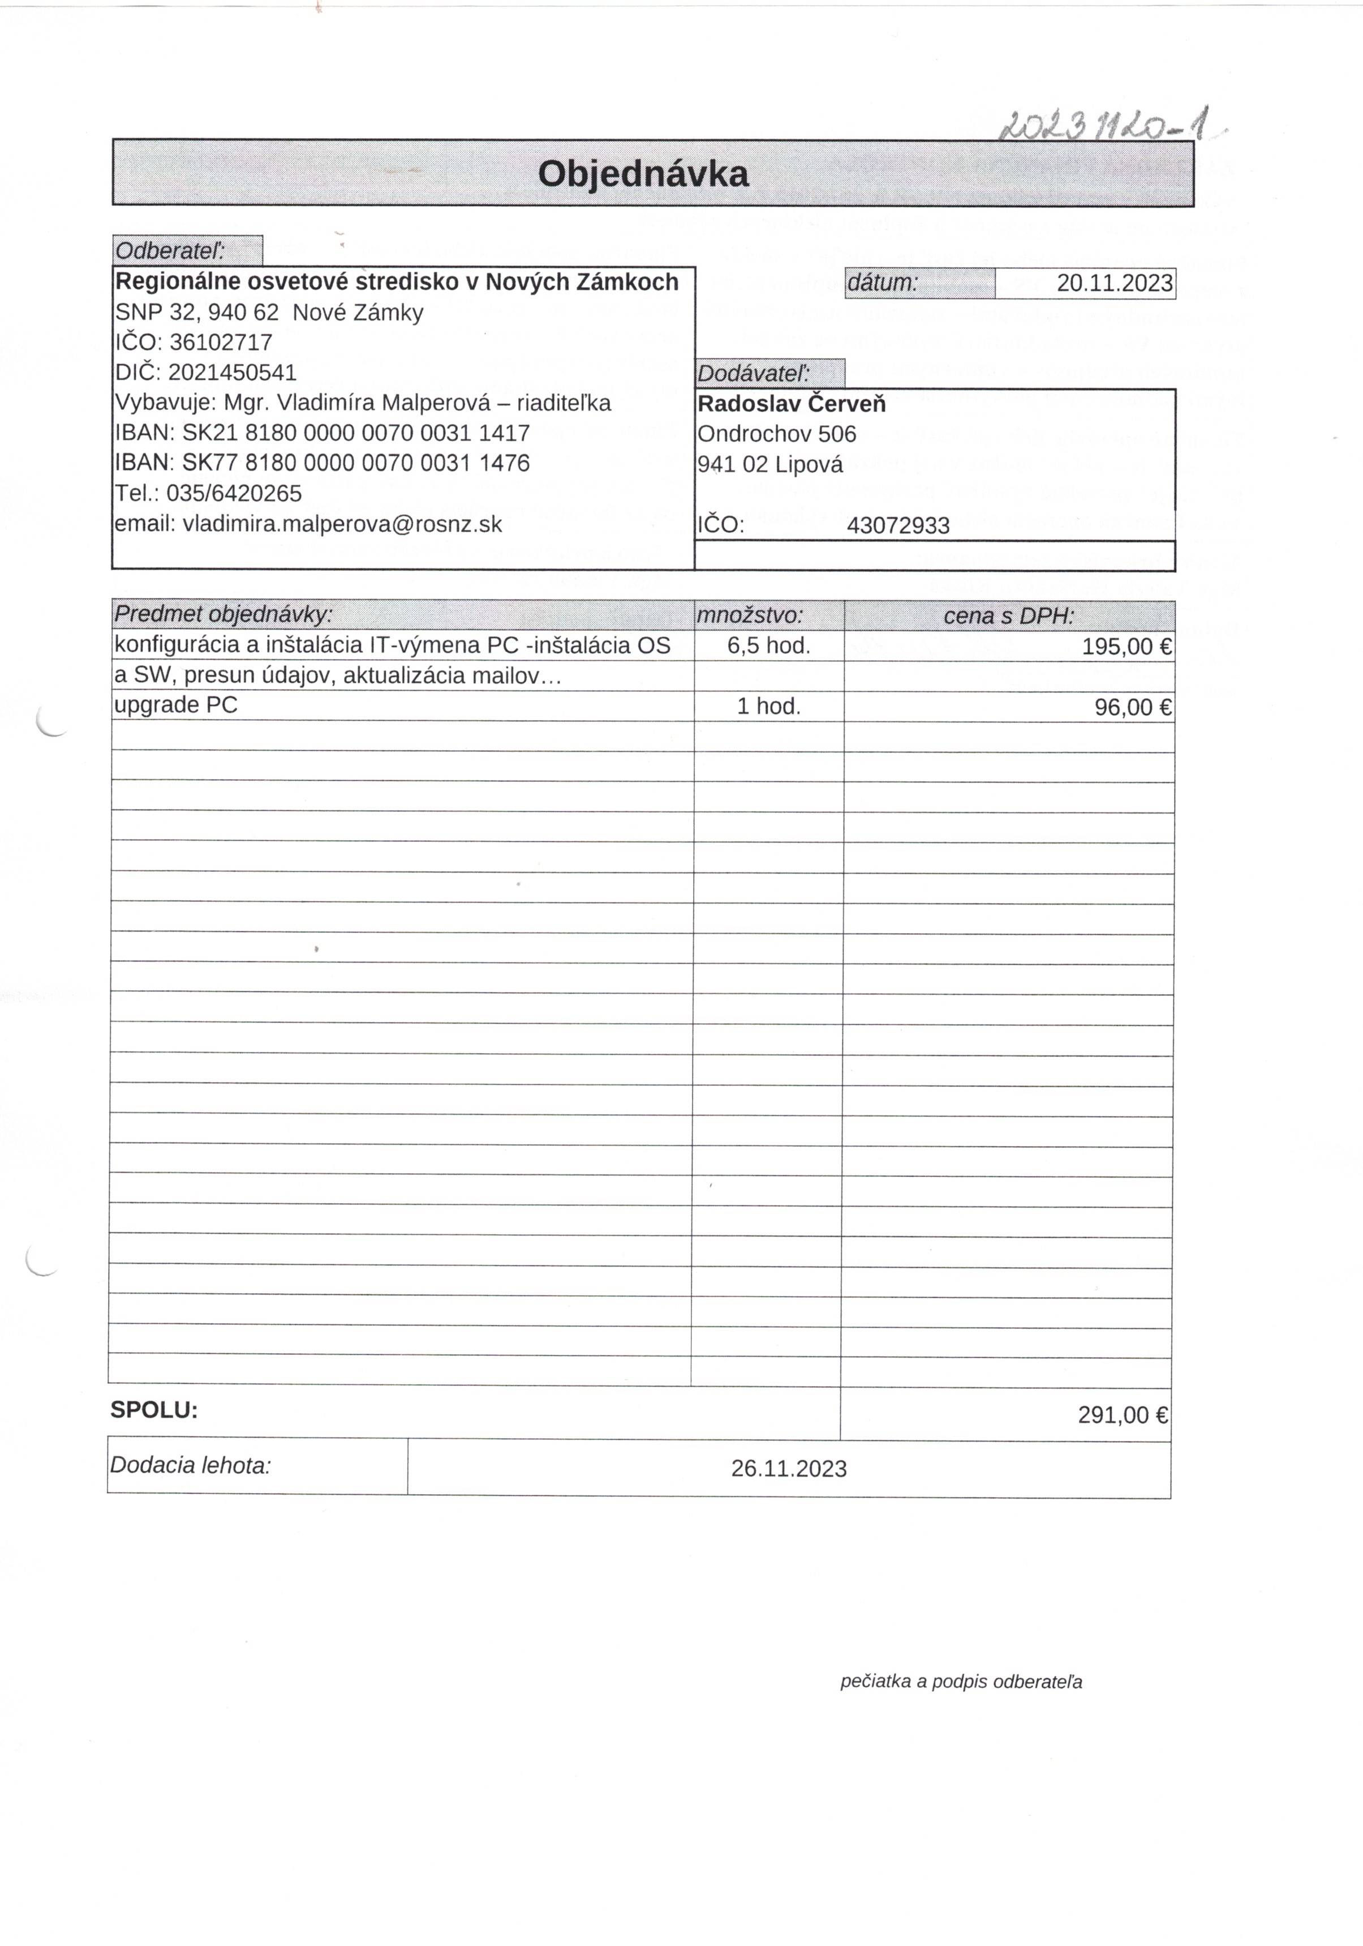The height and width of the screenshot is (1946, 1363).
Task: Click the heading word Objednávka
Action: pos(643,174)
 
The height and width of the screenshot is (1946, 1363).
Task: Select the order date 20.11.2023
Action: pos(1114,283)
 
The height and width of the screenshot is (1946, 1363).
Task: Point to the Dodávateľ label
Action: pos(753,373)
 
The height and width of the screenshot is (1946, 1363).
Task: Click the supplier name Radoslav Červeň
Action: pos(791,404)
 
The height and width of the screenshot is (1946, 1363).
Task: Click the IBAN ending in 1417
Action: pos(356,433)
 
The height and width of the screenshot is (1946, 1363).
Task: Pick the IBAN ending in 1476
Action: pos(356,463)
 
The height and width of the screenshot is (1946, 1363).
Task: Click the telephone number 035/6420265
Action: pos(234,493)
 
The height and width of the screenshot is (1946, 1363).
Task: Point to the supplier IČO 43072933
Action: pos(898,525)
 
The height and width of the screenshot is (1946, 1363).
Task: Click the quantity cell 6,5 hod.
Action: pos(768,646)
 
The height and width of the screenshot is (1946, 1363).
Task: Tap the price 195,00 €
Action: pos(1126,647)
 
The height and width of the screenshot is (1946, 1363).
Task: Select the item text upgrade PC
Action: pos(176,705)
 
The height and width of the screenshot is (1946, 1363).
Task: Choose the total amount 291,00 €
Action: pos(1123,1414)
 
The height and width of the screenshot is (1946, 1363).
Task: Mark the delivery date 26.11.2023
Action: pos(789,1469)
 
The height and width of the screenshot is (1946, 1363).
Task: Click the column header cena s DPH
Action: pos(1008,616)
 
